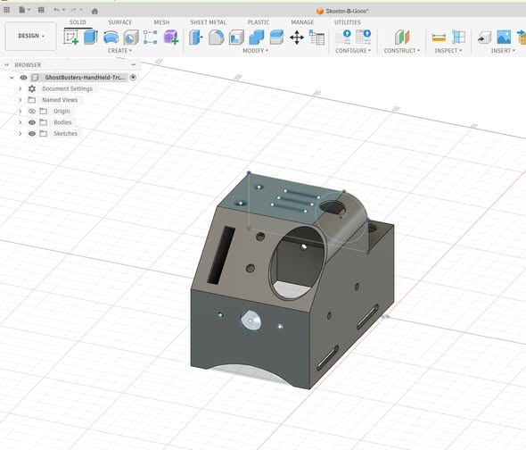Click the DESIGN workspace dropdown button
pyautogui.click(x=31, y=36)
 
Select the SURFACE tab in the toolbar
pyautogui.click(x=119, y=22)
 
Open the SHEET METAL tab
pyautogui.click(x=208, y=22)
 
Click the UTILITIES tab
pyautogui.click(x=347, y=22)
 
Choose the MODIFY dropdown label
pyautogui.click(x=255, y=50)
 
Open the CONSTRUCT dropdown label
pyautogui.click(x=401, y=50)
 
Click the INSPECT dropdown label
pyautogui.click(x=448, y=50)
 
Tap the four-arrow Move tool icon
pyautogui.click(x=297, y=37)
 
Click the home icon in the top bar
pyautogui.click(x=95, y=11)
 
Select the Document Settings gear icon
pyautogui.click(x=32, y=88)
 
